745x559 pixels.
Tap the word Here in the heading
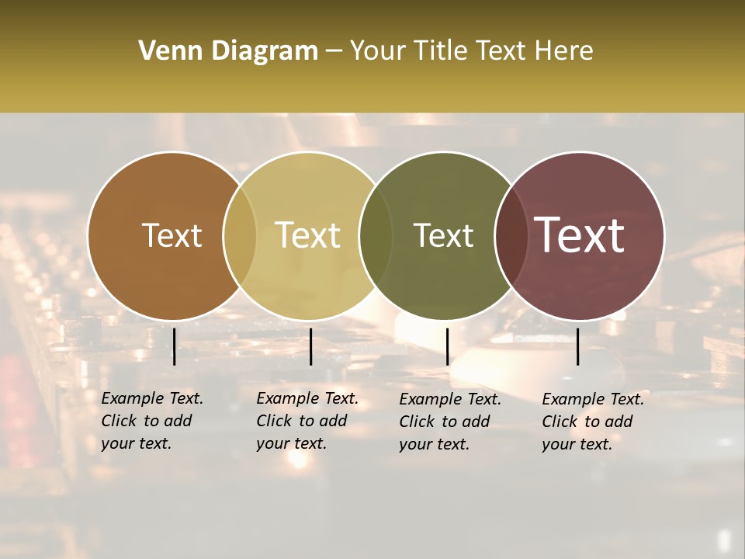coord(563,51)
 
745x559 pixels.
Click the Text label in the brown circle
coord(172,235)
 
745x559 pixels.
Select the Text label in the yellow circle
coord(308,235)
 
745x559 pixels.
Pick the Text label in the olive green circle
coord(443,235)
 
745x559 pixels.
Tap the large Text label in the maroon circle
coord(580,235)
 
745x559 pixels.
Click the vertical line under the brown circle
coord(174,346)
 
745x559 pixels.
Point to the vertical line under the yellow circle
coord(310,346)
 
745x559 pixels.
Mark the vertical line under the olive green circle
coord(447,346)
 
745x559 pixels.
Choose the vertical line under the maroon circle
coord(577,346)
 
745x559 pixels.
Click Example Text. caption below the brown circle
coord(152,398)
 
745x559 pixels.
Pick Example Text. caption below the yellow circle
coord(307,398)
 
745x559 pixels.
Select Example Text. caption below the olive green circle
coord(450,399)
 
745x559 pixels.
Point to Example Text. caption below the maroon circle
coord(593,399)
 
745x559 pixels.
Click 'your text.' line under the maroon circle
coord(577,444)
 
